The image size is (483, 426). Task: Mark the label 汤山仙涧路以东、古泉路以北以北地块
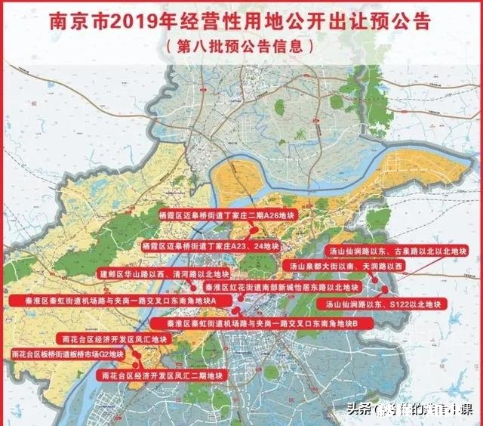[x=398, y=249]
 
